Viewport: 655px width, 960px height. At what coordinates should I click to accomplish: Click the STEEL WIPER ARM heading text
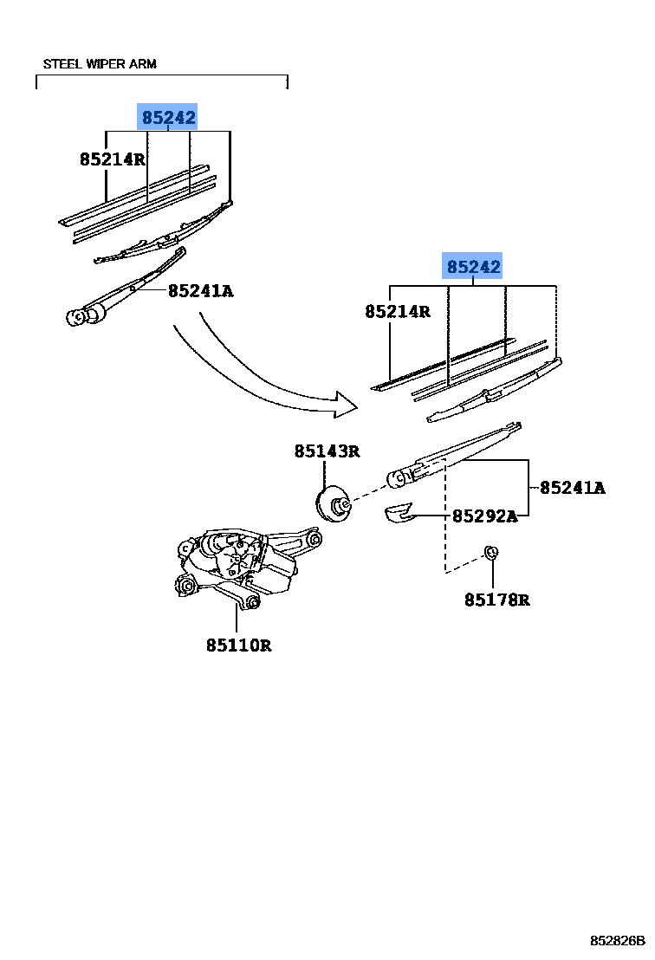point(100,64)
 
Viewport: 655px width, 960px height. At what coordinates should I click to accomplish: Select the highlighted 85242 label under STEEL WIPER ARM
point(169,117)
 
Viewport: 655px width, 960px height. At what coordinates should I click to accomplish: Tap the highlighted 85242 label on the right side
point(473,267)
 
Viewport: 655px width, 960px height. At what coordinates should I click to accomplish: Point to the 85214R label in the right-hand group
point(397,311)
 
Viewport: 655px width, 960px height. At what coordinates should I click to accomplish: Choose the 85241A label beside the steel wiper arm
point(200,291)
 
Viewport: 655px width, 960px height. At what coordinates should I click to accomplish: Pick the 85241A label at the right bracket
point(572,488)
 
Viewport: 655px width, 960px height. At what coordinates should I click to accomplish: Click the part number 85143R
point(326,451)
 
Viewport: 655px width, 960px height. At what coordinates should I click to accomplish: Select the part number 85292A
point(484,516)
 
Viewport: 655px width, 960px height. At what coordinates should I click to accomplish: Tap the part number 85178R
point(496,599)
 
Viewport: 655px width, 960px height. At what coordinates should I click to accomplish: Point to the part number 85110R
point(238,645)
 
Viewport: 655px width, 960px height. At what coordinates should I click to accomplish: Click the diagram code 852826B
point(619,940)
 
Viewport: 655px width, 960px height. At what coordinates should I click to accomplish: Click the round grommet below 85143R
point(332,506)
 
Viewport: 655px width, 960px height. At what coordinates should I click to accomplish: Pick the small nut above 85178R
point(490,553)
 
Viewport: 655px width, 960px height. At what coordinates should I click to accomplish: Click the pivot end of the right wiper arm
point(400,476)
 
